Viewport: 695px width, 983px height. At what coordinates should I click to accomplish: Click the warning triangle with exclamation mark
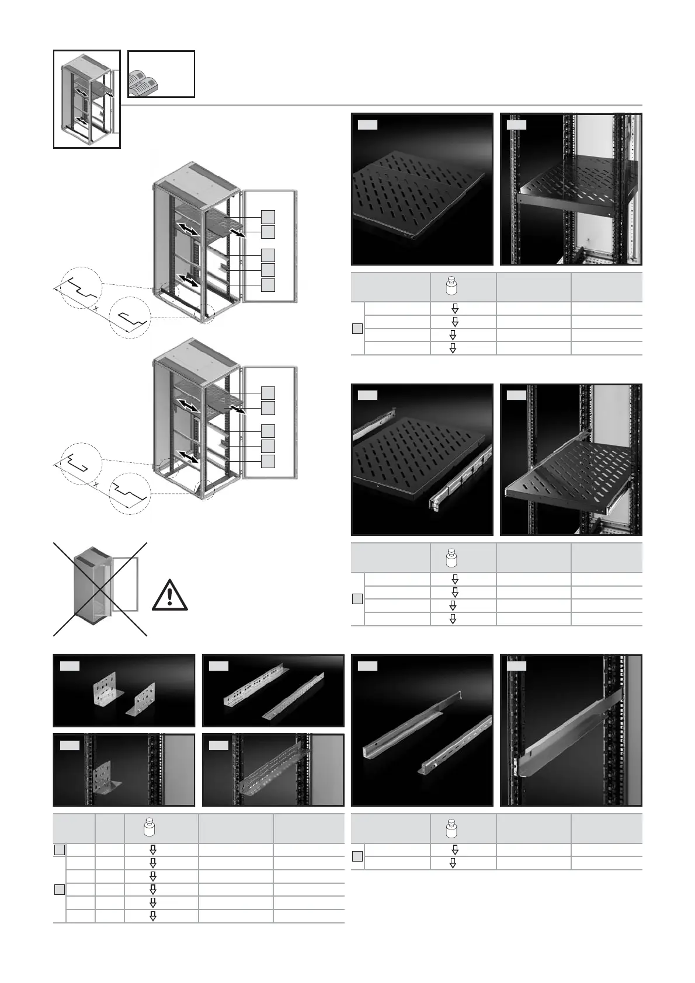tap(169, 595)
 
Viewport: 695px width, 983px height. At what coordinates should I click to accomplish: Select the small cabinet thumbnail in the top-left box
tap(86, 99)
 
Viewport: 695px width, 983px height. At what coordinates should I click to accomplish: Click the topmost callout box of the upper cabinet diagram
tap(267, 217)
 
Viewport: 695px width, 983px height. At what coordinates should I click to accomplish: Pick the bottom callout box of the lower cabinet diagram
tap(267, 461)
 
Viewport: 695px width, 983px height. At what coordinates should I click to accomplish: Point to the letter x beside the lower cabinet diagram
tap(96, 484)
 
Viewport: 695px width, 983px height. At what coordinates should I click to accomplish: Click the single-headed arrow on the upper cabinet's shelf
tap(237, 233)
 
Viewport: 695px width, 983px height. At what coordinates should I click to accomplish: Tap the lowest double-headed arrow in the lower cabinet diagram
tap(188, 456)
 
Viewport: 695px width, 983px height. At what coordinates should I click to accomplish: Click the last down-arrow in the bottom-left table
tap(153, 916)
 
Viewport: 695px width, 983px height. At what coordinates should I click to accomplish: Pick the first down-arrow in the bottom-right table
tap(455, 850)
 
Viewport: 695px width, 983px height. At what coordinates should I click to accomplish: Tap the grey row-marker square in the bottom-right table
tap(357, 856)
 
